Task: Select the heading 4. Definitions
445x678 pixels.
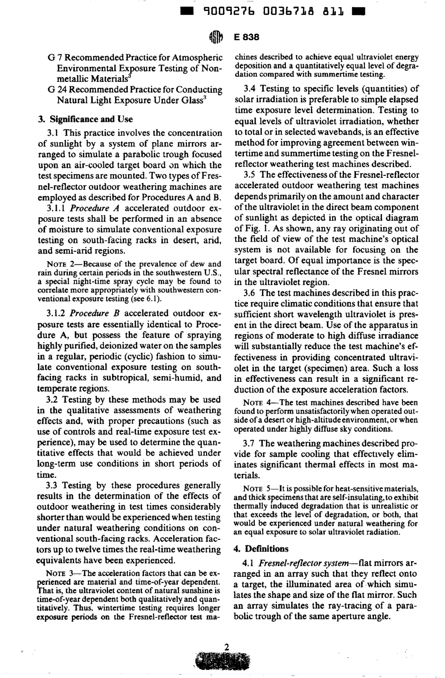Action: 260,548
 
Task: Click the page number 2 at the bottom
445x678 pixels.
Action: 227,648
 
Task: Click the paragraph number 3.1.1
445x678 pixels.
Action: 59,208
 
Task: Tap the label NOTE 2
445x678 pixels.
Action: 59,264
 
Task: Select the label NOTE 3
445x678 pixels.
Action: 59,573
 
